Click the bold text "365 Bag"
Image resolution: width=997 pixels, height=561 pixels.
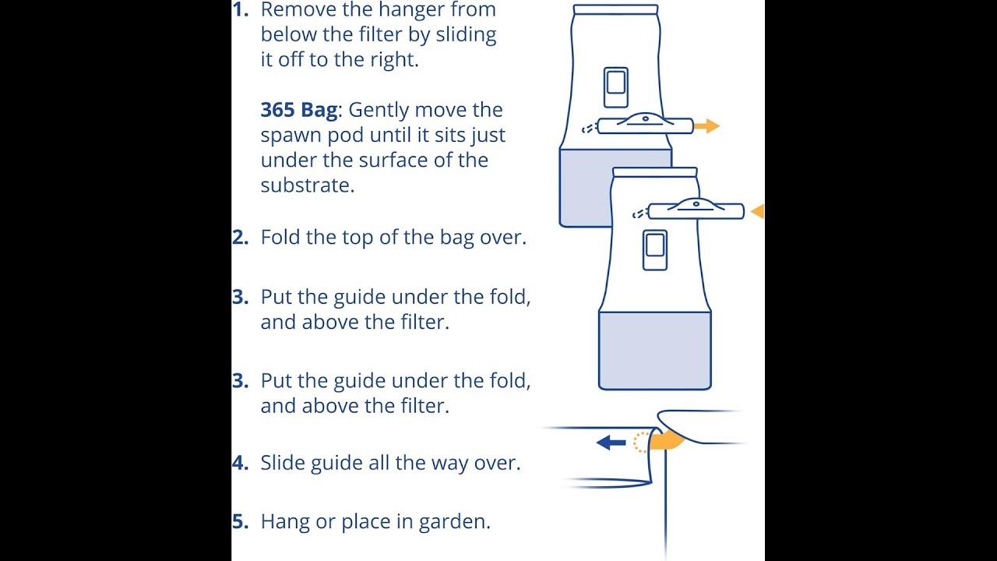[x=299, y=110]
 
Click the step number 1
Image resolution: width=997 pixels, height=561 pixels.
[x=240, y=10]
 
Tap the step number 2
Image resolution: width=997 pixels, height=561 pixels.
[x=240, y=238]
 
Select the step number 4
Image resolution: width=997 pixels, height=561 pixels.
[x=240, y=463]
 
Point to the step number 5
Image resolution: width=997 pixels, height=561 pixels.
[x=240, y=522]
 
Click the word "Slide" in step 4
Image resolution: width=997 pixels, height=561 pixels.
[x=283, y=463]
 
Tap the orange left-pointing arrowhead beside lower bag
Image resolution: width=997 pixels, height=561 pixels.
[x=757, y=210]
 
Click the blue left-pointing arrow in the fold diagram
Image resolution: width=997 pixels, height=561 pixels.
[x=611, y=443]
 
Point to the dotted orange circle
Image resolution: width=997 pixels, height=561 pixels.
[x=641, y=443]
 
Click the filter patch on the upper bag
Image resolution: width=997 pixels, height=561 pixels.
[x=615, y=87]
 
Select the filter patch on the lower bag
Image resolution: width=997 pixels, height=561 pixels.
[x=654, y=250]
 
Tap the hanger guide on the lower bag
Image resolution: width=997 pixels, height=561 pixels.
[x=696, y=210]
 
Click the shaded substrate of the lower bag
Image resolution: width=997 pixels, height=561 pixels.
[x=654, y=351]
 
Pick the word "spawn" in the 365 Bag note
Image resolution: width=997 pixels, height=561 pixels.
[x=287, y=136]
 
